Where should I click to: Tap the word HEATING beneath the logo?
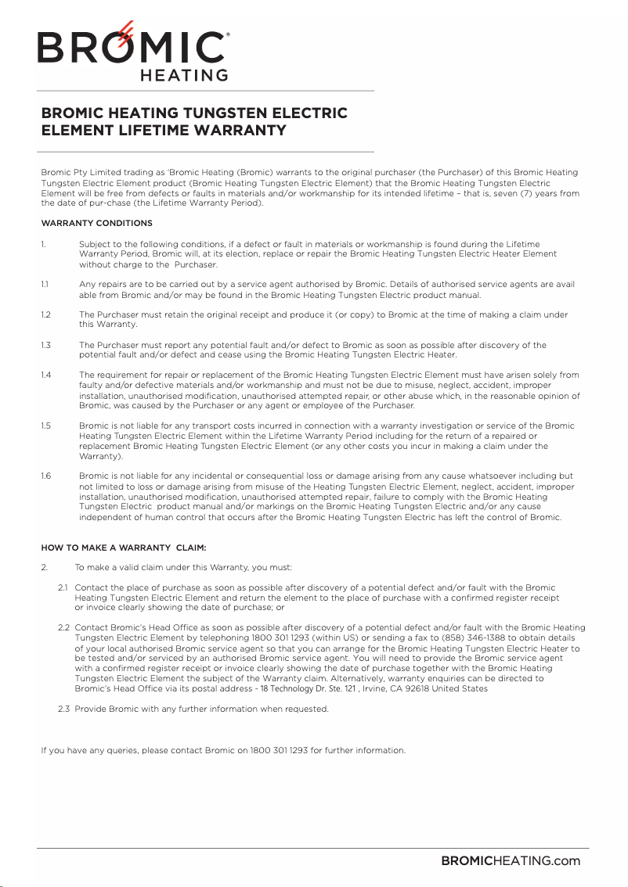point(183,76)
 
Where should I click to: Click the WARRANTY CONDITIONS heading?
point(96,224)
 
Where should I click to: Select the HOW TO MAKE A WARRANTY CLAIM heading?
point(123,548)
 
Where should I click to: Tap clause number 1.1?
point(45,285)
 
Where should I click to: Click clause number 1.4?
point(45,375)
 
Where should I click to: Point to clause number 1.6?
point(45,476)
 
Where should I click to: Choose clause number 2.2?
point(64,628)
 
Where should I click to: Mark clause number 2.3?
point(64,709)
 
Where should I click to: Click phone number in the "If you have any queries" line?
point(278,751)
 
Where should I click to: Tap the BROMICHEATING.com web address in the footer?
point(511,861)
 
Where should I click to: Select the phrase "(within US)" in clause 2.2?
point(331,638)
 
